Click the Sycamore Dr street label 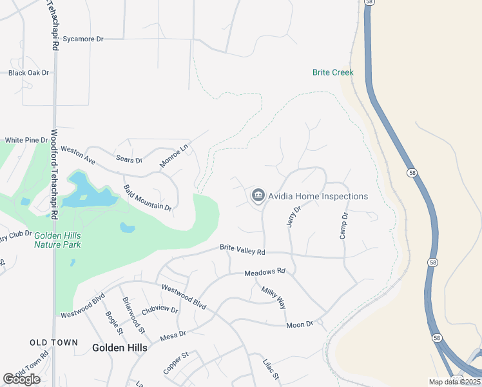click(x=82, y=39)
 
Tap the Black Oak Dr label click(x=28, y=73)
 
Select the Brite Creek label click(x=333, y=72)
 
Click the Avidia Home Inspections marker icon click(x=258, y=195)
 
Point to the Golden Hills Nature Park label click(x=58, y=240)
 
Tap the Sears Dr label click(x=129, y=159)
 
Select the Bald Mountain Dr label click(x=148, y=199)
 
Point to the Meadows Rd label click(x=264, y=272)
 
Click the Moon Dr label click(x=299, y=324)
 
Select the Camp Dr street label click(x=344, y=226)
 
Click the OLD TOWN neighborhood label click(x=53, y=342)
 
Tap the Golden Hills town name click(x=119, y=348)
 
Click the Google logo click(x=21, y=379)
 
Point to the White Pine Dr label click(x=26, y=140)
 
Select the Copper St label click(x=175, y=362)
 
